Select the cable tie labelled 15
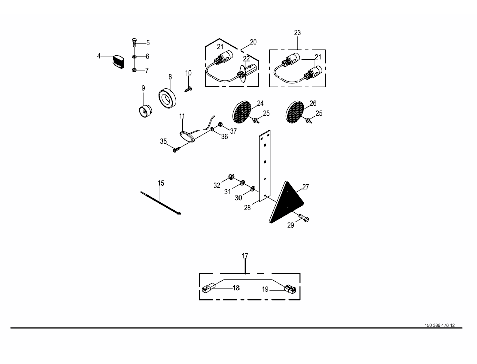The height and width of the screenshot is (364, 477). click(160, 203)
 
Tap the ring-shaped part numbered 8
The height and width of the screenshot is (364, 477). click(167, 98)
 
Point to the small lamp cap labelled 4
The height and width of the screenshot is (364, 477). click(118, 62)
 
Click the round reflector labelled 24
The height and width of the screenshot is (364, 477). click(242, 110)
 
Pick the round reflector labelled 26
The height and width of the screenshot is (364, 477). click(295, 110)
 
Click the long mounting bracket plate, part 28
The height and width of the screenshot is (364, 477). click(265, 165)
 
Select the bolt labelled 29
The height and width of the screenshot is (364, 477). click(304, 218)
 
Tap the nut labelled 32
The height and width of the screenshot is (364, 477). click(231, 176)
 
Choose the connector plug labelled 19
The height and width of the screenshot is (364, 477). click(290, 288)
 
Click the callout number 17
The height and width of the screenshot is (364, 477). click(245, 256)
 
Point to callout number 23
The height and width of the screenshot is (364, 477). click(297, 33)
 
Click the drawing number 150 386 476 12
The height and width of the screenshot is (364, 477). click(439, 325)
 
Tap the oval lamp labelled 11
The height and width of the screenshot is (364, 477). click(187, 136)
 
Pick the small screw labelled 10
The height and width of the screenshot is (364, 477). click(188, 89)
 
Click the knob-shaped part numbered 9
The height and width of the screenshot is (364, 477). click(145, 111)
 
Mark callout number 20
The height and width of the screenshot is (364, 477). click(253, 42)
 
